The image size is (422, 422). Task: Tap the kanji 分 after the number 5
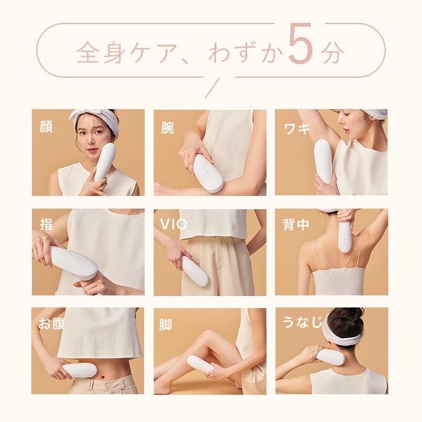click(x=332, y=53)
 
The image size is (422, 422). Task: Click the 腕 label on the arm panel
click(x=167, y=127)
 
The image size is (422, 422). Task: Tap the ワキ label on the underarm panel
click(x=296, y=127)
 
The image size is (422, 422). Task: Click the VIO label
click(x=173, y=225)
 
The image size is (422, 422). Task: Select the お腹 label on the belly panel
click(x=51, y=324)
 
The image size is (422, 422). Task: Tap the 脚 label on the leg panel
click(x=166, y=325)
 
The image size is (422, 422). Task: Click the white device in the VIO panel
click(x=195, y=271)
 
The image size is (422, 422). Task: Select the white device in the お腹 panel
click(x=79, y=370)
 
